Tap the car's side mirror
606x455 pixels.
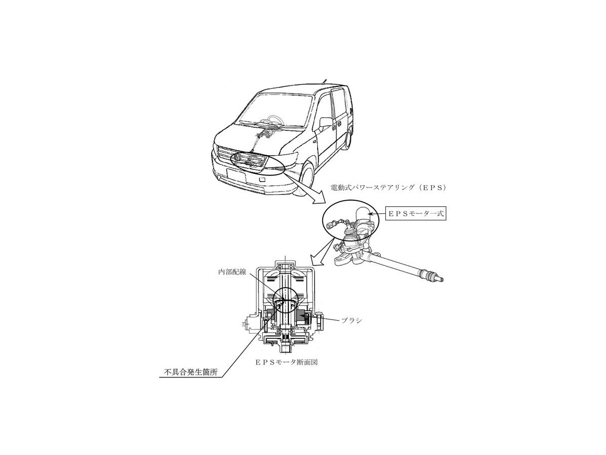[326, 122]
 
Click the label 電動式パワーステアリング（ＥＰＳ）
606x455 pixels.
[386, 188]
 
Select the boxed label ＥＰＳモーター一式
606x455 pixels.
[415, 214]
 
